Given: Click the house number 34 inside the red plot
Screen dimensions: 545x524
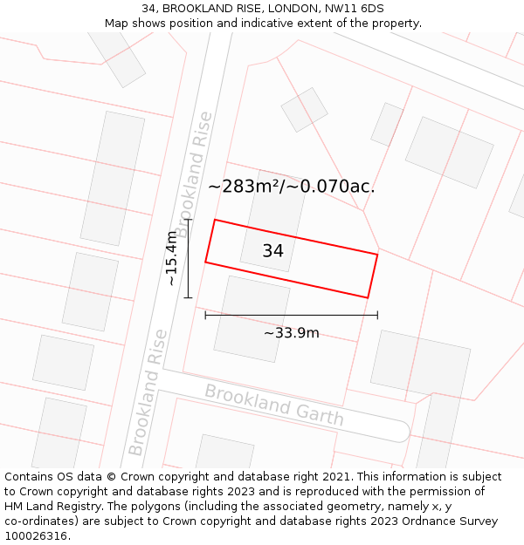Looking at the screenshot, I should (272, 251).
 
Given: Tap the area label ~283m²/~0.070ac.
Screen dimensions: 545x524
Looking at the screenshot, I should (291, 186).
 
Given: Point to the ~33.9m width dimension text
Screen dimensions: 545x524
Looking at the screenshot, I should (291, 333).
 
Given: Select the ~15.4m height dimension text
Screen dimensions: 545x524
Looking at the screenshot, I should (171, 258).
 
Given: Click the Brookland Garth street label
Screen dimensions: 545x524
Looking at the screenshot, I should (274, 405).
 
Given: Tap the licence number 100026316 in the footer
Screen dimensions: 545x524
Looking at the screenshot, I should (36, 536).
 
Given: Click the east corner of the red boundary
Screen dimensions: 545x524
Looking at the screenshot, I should (377, 255).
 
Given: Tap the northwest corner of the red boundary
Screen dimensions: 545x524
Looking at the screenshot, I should (215, 220).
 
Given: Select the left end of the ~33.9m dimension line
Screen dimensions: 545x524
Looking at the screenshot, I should (205, 315).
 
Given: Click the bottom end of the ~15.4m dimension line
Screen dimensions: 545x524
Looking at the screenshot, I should (188, 296).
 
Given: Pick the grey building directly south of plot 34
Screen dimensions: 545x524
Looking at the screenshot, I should (252, 318).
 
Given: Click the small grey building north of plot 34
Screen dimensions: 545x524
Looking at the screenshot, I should (304, 109).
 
